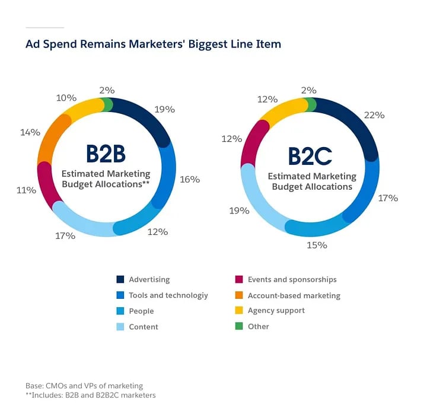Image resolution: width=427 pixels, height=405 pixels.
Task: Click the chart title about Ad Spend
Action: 153,44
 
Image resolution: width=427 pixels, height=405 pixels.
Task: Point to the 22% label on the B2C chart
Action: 375,115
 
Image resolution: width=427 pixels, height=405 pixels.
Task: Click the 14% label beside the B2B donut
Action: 30,132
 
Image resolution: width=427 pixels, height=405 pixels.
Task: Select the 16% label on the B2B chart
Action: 190,179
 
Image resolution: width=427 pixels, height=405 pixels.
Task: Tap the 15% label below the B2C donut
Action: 317,244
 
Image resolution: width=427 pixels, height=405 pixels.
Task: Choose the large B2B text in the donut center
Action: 106,154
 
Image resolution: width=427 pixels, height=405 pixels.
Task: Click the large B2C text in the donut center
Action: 310,157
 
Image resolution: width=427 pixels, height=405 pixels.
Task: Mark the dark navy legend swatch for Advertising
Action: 120,280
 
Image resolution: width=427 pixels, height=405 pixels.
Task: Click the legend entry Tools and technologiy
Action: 168,295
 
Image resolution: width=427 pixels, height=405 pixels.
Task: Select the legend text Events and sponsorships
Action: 292,280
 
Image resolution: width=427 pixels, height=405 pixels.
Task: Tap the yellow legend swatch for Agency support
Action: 239,311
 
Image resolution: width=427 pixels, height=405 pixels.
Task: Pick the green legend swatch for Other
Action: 239,326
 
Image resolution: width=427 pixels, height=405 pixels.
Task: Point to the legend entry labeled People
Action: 141,311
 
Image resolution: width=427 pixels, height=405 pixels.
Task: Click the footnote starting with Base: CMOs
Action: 84,385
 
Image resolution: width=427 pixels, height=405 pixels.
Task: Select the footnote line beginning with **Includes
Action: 90,395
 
